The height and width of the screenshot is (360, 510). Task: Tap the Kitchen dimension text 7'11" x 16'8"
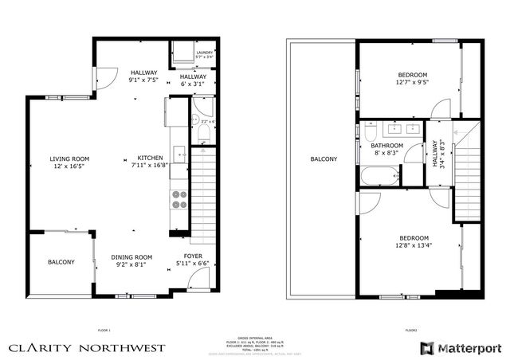coord(150,166)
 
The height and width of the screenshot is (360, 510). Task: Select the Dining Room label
coord(131,257)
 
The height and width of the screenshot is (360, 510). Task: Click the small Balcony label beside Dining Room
coord(61,262)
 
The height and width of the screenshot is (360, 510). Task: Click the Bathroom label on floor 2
coord(387,146)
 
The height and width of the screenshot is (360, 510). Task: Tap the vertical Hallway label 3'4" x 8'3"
coord(437,154)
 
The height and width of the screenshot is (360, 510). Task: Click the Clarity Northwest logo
coord(87,347)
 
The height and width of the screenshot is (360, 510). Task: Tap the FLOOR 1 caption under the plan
coord(104,329)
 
